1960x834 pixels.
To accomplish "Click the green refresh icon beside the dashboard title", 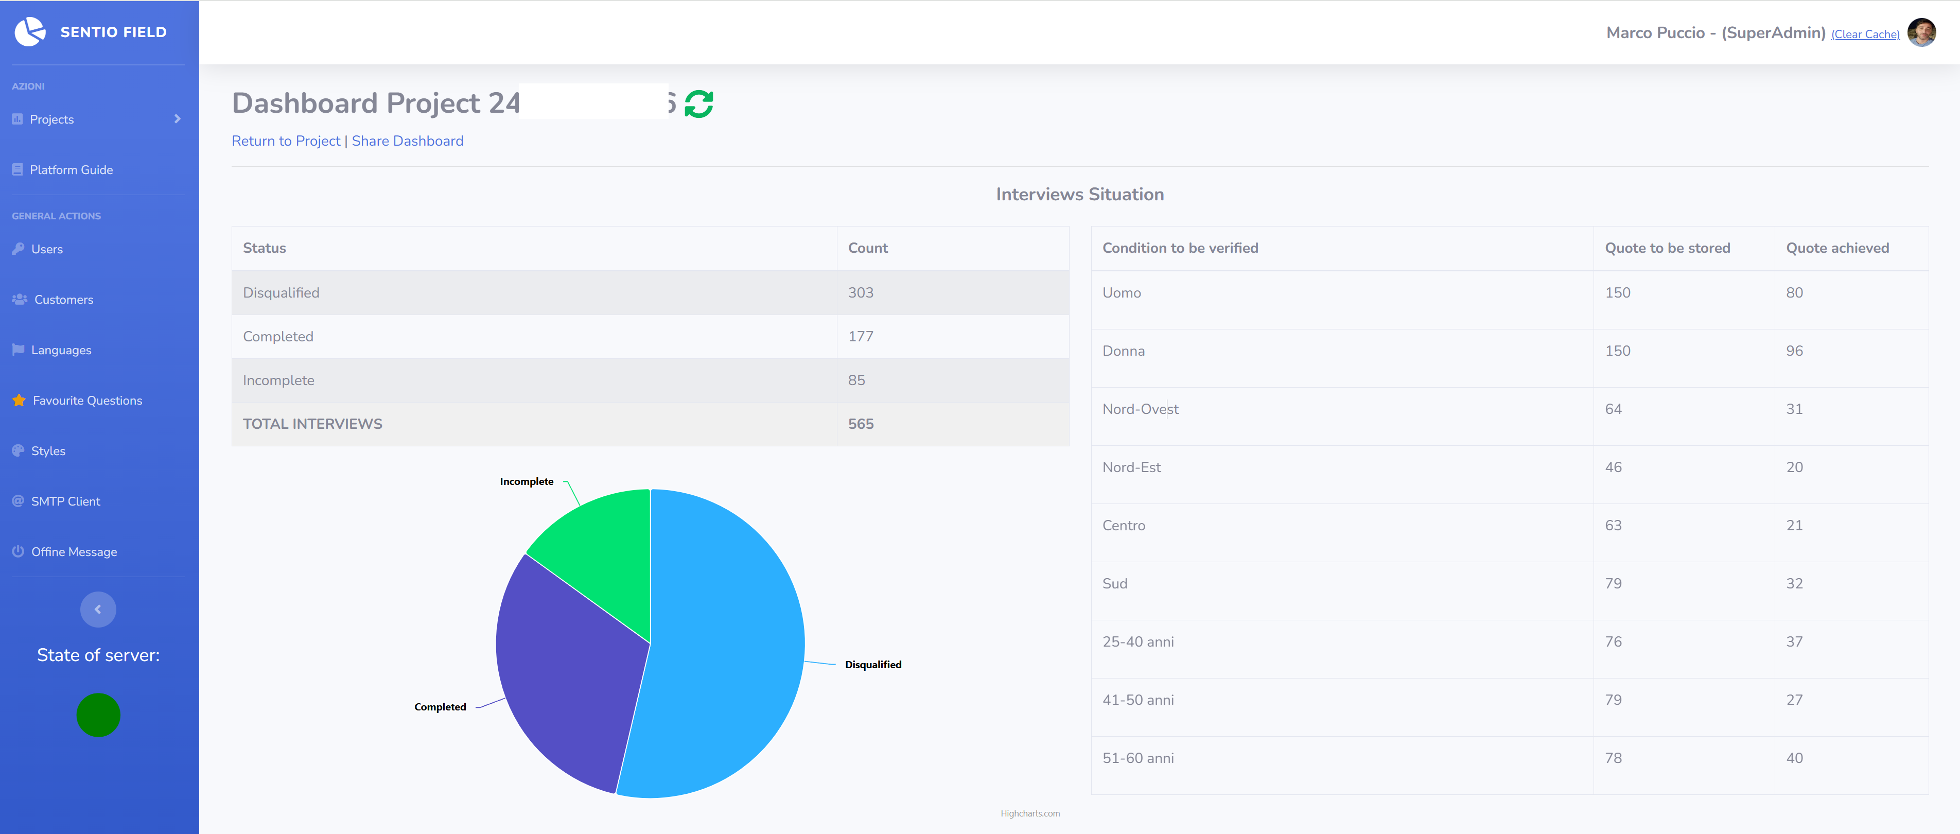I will [698, 103].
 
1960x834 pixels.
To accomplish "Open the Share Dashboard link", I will [407, 141].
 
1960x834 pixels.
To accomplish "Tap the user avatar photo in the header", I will [1921, 33].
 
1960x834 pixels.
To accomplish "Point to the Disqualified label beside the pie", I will [873, 664].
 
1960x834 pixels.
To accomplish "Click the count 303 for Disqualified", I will [861, 293].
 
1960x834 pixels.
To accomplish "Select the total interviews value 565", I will [861, 424].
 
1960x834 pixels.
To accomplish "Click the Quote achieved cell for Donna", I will [1794, 351].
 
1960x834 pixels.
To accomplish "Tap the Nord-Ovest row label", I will [1140, 409].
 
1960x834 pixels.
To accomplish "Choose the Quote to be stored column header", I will [1667, 248].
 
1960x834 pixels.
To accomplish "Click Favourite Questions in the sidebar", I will [87, 400].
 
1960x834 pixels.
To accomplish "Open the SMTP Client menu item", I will [65, 501].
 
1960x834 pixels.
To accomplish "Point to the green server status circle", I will [98, 715].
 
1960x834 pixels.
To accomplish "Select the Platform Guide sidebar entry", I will [71, 170].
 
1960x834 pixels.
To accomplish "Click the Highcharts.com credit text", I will [1029, 813].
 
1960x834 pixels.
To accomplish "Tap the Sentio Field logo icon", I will [30, 32].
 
